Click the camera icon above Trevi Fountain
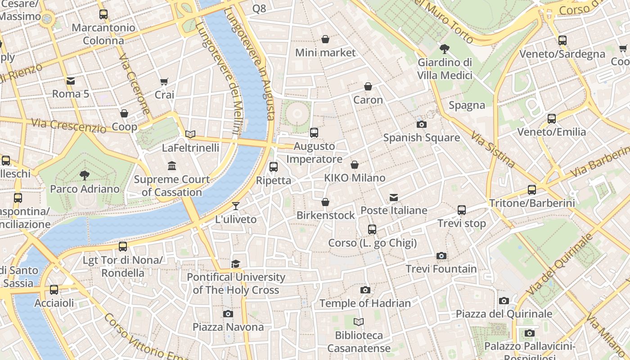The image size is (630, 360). pyautogui.click(x=441, y=256)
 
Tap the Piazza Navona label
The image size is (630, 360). pyautogui.click(x=228, y=327)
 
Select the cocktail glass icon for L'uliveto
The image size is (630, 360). pyautogui.click(x=236, y=206)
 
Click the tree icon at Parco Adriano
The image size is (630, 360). pyautogui.click(x=84, y=175)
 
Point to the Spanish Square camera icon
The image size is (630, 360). pyautogui.click(x=421, y=124)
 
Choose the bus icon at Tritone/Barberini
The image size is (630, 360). pyautogui.click(x=532, y=189)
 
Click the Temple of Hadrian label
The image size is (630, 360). pyautogui.click(x=365, y=303)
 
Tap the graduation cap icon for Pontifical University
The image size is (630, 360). pyautogui.click(x=236, y=264)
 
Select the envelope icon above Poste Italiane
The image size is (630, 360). pyautogui.click(x=394, y=197)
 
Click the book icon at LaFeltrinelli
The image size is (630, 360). pyautogui.click(x=190, y=134)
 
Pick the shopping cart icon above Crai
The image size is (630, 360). pyautogui.click(x=164, y=81)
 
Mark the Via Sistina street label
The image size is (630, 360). pyautogui.click(x=493, y=149)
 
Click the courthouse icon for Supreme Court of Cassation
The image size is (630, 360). pyautogui.click(x=172, y=166)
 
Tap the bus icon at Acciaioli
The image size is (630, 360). pyautogui.click(x=54, y=290)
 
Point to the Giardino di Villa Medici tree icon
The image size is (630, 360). pyautogui.click(x=445, y=49)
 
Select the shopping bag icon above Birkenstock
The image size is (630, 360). pyautogui.click(x=325, y=202)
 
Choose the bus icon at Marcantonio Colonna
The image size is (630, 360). pyautogui.click(x=103, y=14)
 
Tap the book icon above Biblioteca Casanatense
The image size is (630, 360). pyautogui.click(x=359, y=322)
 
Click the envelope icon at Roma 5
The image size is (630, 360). pyautogui.click(x=71, y=81)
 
